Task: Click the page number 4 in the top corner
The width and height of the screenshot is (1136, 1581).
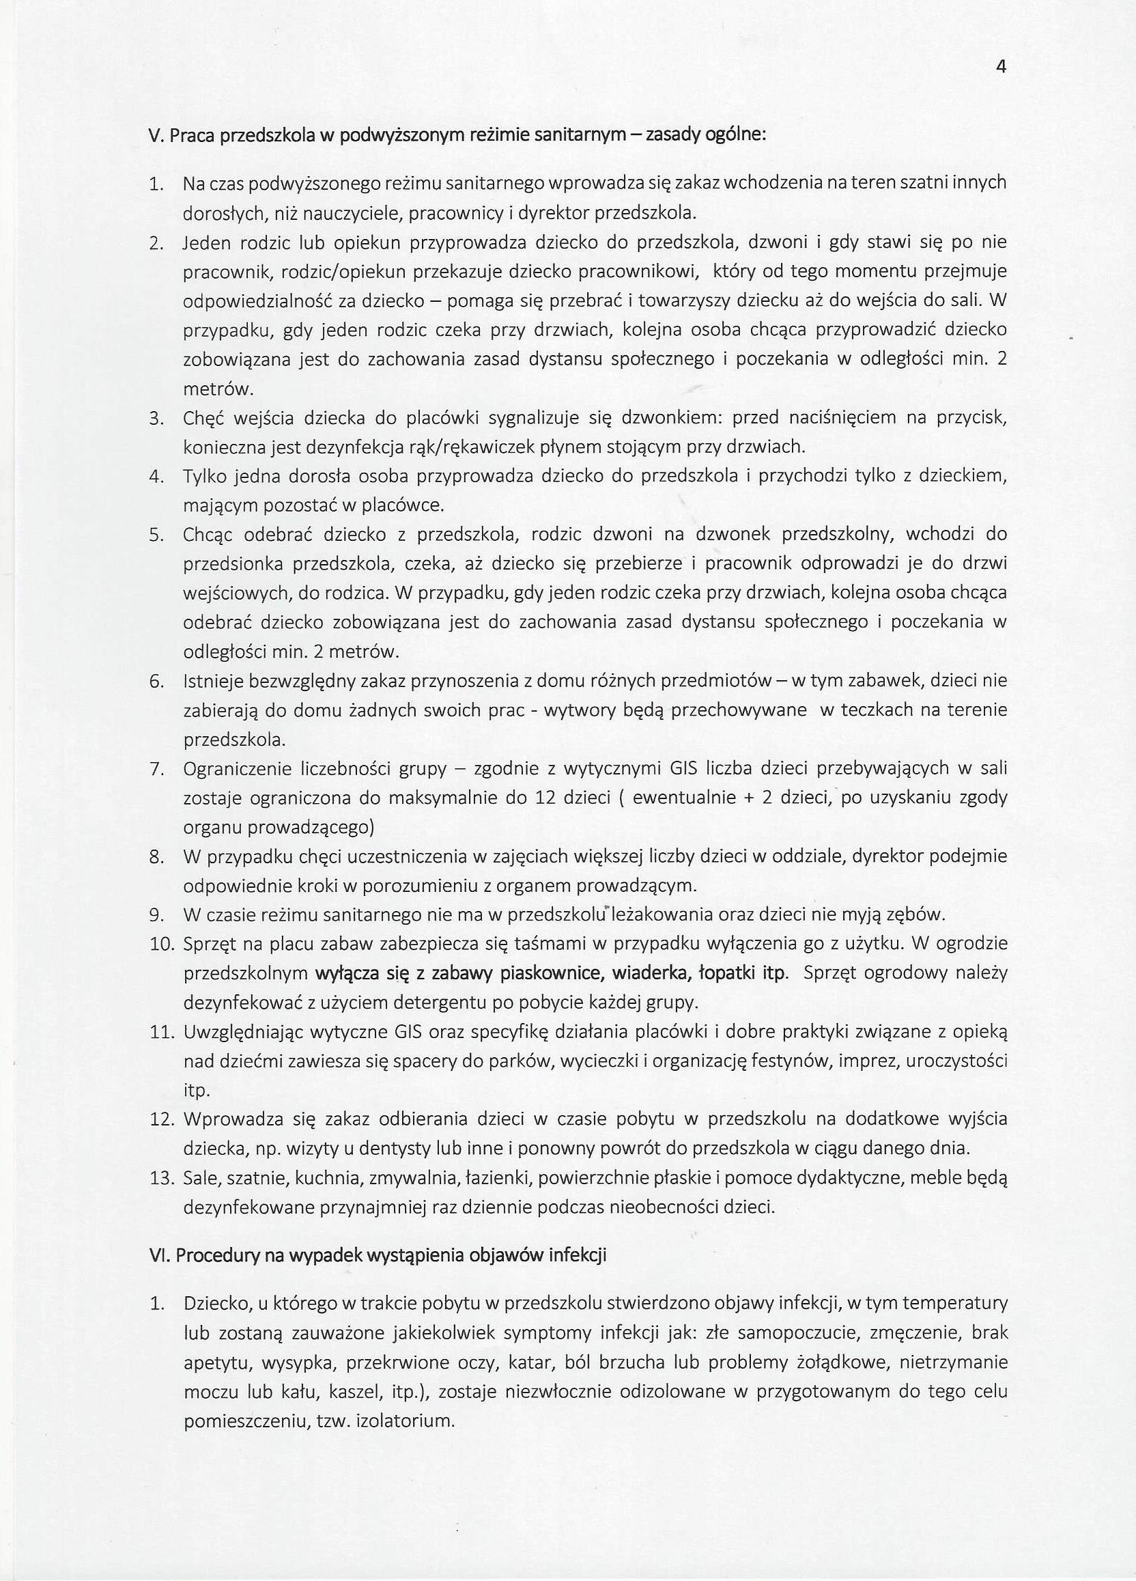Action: click(x=1002, y=67)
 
